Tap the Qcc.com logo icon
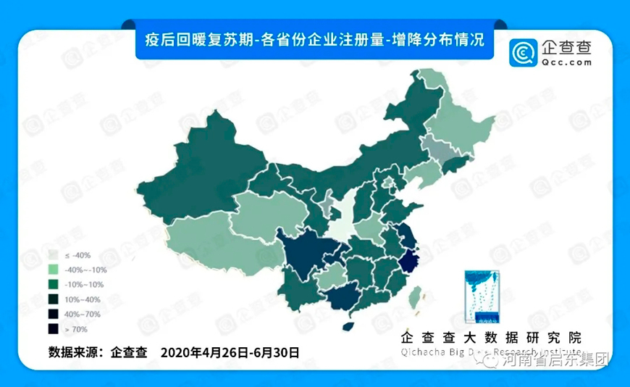(521, 53)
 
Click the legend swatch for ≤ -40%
(54, 255)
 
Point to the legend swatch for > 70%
(54, 329)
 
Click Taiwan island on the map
(414, 296)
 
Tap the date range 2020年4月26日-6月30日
(230, 353)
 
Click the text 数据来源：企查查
(98, 353)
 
